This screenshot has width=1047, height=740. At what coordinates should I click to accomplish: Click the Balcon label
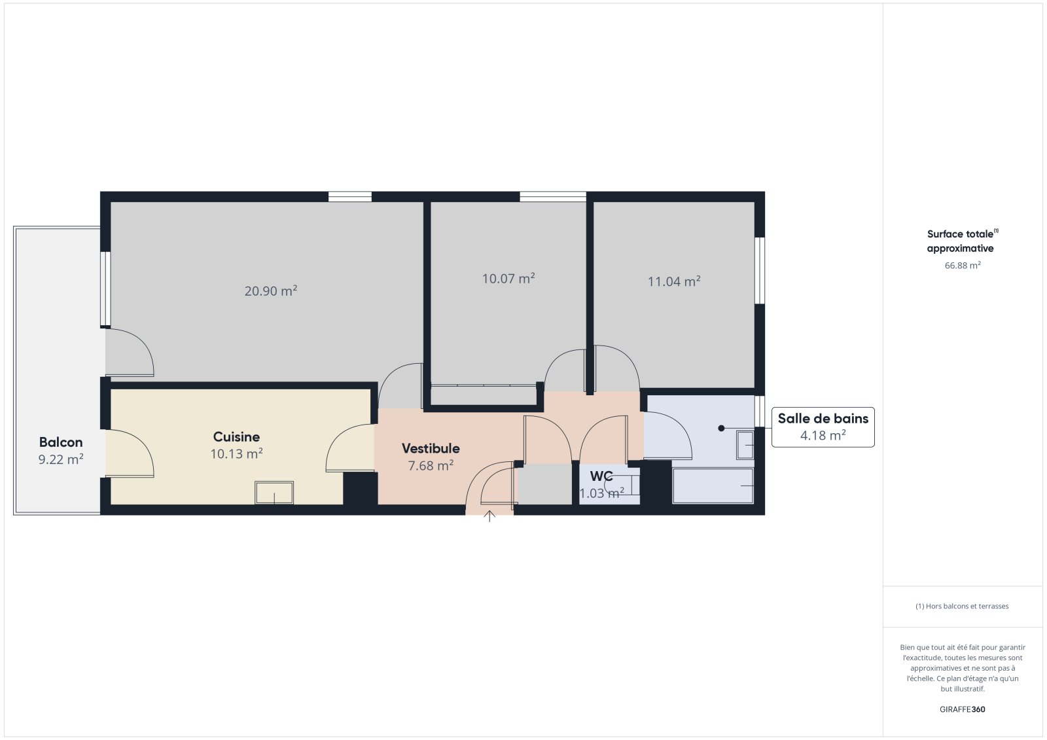coord(61,442)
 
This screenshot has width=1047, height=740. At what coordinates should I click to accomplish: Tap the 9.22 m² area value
coord(61,459)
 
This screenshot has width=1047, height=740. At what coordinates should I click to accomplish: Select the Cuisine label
coord(236,436)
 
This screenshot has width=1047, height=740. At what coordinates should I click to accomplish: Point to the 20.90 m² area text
coord(271,291)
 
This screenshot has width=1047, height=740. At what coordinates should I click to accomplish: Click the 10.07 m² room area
coord(508,279)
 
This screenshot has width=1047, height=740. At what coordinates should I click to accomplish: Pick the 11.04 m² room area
coord(674,281)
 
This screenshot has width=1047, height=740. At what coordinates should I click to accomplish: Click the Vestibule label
coord(431,448)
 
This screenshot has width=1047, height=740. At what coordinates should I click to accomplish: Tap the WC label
coord(601,476)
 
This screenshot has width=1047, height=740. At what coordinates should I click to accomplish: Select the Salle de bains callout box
coord(823,427)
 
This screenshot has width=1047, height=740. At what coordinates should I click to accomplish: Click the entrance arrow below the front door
coord(489,516)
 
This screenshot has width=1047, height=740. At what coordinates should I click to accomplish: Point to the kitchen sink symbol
coord(274,493)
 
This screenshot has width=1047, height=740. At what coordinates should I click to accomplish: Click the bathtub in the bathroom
coord(713,485)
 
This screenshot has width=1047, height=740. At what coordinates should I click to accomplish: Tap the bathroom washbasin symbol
coord(745,444)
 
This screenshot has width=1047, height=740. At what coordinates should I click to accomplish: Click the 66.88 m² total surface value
coord(963,265)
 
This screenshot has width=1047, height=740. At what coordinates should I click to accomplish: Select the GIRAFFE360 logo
coord(963,709)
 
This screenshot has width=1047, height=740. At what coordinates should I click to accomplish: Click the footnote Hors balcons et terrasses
coord(962,606)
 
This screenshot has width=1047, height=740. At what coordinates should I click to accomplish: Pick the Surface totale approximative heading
coord(962,241)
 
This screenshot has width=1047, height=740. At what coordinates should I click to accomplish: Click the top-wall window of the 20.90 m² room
coord(350,196)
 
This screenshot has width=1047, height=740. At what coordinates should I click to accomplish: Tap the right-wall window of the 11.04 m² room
coord(760,270)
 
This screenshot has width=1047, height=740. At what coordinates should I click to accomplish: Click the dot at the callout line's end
coord(721,428)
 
